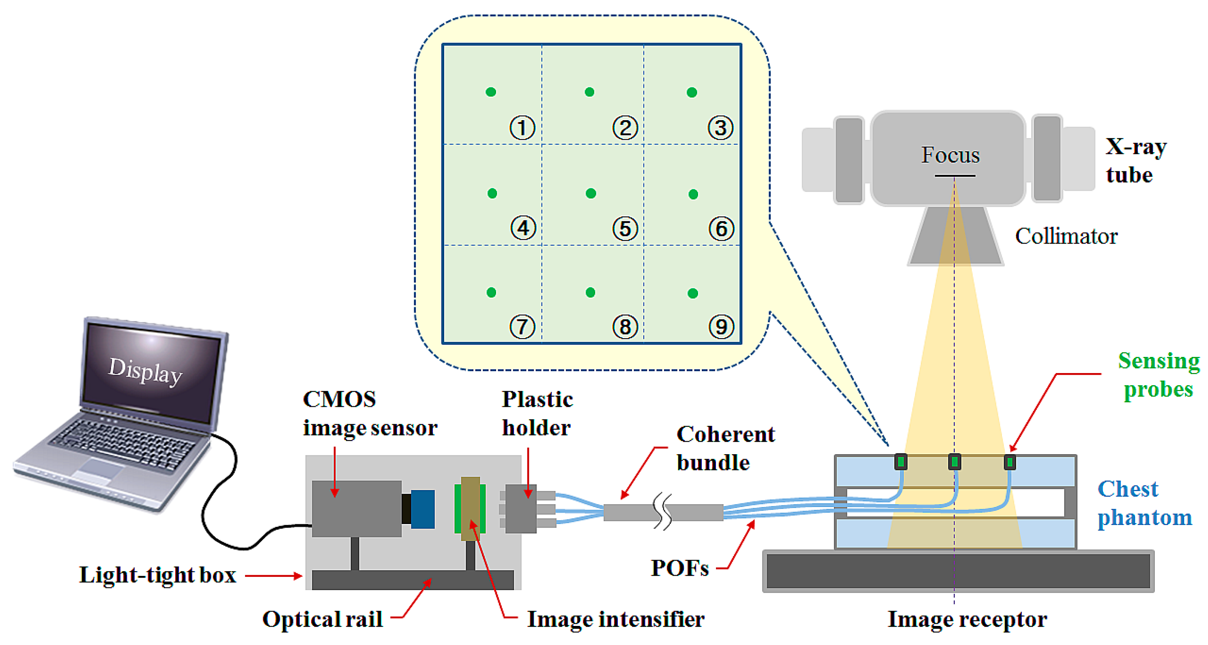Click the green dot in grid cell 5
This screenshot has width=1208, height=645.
pyautogui.click(x=591, y=193)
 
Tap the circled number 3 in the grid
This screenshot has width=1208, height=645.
pyautogui.click(x=720, y=128)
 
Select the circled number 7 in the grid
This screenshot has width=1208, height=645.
pyautogui.click(x=522, y=326)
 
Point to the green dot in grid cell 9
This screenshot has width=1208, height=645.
pyautogui.click(x=692, y=293)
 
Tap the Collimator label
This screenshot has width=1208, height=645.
pyautogui.click(x=1066, y=236)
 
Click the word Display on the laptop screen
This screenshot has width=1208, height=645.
pyautogui.click(x=145, y=371)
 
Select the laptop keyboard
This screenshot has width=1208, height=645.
pyautogui.click(x=124, y=443)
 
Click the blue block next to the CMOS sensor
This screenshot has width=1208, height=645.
pyautogui.click(x=423, y=509)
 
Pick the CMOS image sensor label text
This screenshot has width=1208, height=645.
pyautogui.click(x=370, y=413)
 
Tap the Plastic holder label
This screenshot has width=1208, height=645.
pyautogui.click(x=537, y=413)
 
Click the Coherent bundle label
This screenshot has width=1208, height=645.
pyautogui.click(x=725, y=448)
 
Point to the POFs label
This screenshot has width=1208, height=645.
pyautogui.click(x=679, y=568)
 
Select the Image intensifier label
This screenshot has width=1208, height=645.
pyautogui.click(x=615, y=619)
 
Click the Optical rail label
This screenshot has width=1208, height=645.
pyautogui.click(x=322, y=619)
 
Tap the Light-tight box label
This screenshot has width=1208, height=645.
pyautogui.click(x=157, y=575)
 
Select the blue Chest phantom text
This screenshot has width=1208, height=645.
pyautogui.click(x=1144, y=503)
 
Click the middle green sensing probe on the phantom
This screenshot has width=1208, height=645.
pyautogui.click(x=954, y=462)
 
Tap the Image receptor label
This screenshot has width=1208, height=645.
pyautogui.click(x=967, y=619)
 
